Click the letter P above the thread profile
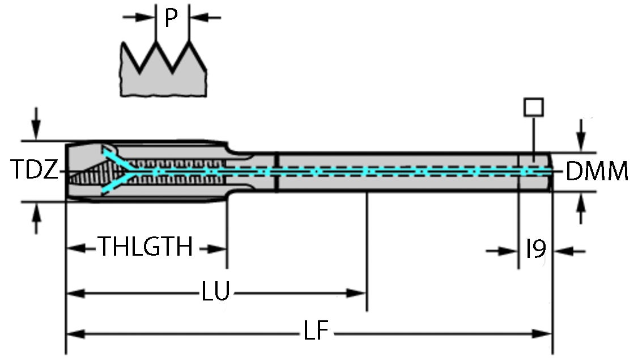[x=171, y=18]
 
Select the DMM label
[x=597, y=171]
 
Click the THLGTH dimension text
[x=146, y=248]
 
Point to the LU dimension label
[x=215, y=293]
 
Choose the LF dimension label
[x=316, y=333]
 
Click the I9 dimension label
[x=535, y=249]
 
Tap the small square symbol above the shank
[x=534, y=107]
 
